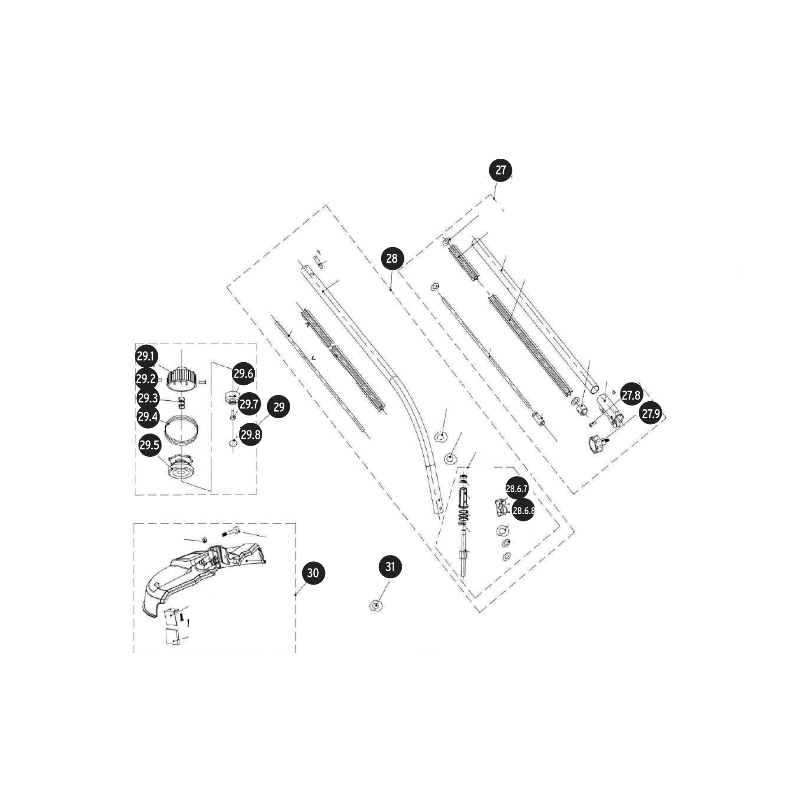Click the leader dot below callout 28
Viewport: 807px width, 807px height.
(391, 290)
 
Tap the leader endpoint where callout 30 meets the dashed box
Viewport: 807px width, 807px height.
(295, 594)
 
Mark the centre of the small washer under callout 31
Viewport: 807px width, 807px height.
(376, 606)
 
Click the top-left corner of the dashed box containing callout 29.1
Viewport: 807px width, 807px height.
(135, 343)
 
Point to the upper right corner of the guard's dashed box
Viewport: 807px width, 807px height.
(295, 523)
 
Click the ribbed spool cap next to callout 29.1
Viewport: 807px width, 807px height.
(182, 379)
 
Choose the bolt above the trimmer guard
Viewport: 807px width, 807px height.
(230, 533)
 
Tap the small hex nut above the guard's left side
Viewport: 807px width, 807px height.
(203, 538)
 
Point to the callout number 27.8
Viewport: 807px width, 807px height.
(631, 395)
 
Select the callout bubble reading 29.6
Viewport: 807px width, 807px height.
(243, 373)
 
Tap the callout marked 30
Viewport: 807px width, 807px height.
(313, 573)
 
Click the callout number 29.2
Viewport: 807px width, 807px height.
(146, 379)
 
